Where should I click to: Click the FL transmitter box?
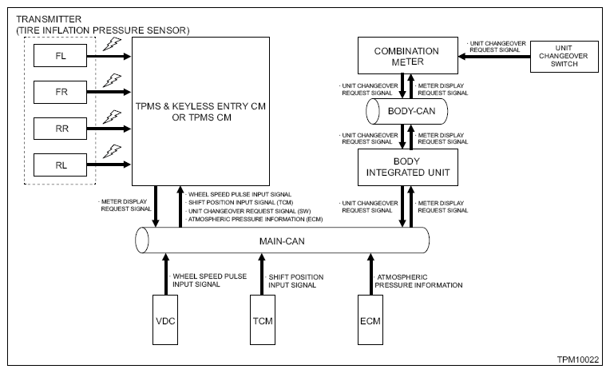tap(61, 56)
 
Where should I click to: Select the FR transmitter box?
tap(61, 92)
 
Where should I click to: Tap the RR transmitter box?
tap(61, 129)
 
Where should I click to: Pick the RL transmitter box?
tap(61, 165)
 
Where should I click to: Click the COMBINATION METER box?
tap(408, 56)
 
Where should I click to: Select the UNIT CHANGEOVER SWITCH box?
tap(564, 57)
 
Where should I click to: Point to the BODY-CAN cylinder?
tap(407, 111)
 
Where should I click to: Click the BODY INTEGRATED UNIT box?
tap(408, 168)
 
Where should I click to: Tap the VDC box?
tap(165, 319)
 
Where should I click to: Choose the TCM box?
tap(263, 319)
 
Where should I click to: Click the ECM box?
tap(370, 319)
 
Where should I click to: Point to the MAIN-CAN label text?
tap(282, 241)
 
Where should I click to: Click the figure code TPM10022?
tap(578, 359)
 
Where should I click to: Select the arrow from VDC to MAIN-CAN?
tap(166, 274)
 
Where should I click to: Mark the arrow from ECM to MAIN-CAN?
tap(370, 274)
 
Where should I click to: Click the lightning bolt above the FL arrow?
tap(112, 44)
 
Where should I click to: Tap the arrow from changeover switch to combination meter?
tap(494, 57)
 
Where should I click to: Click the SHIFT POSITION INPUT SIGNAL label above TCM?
tap(295, 280)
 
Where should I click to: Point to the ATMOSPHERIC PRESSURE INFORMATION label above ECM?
tap(418, 280)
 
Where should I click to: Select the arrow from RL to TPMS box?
tap(109, 165)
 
